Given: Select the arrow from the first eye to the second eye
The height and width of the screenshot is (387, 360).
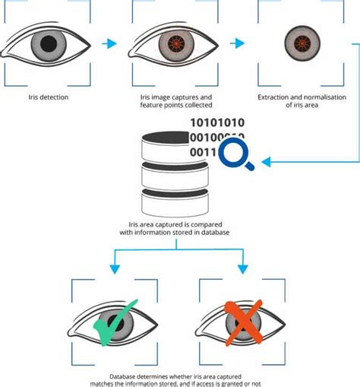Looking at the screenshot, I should click(x=110, y=43).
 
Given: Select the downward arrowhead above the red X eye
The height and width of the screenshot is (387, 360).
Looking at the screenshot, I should click(x=243, y=270).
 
